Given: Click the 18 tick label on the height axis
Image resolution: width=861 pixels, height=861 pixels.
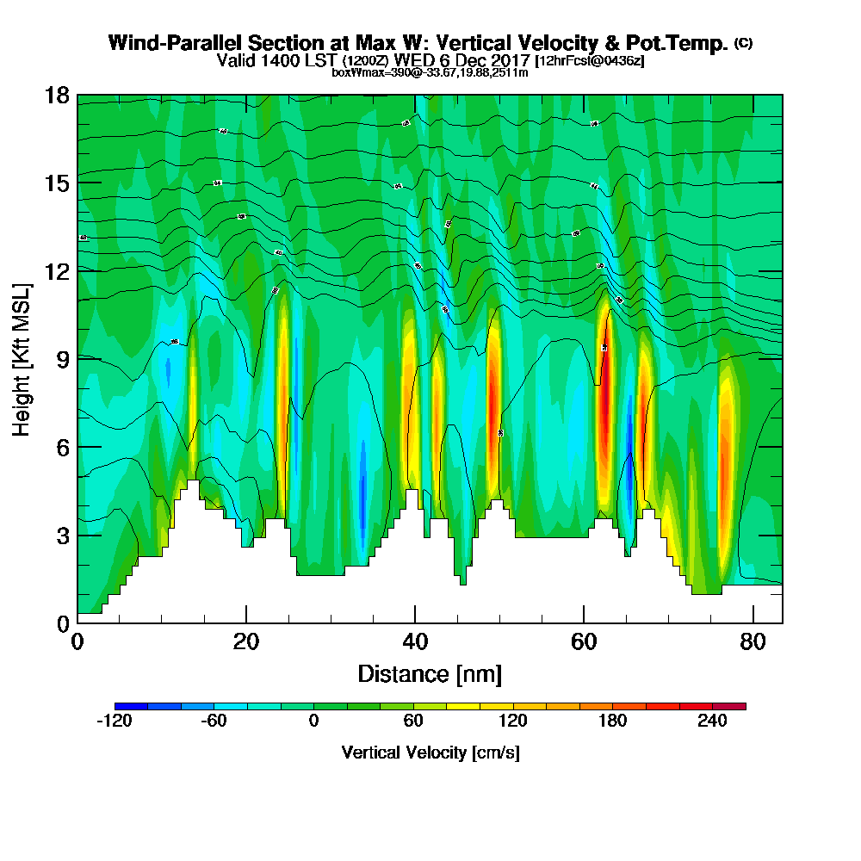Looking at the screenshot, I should point(58,95).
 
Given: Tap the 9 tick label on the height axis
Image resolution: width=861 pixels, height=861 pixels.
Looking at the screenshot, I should point(63,358).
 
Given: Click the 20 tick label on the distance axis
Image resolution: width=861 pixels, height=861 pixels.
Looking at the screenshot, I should point(246,641).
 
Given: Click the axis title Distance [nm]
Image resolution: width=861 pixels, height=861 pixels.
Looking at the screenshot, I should point(430,673).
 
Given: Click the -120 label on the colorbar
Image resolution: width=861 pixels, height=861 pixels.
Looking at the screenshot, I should point(115,722).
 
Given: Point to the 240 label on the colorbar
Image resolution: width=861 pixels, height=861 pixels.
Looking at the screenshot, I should point(713,722).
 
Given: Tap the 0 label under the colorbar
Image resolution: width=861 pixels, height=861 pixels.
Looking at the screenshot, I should point(314,722).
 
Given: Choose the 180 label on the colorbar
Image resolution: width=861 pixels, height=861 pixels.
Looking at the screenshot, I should point(613,722).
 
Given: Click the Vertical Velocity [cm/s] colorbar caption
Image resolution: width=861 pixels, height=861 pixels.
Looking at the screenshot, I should point(430,753).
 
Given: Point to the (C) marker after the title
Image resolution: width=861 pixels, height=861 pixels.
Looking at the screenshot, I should point(743,43).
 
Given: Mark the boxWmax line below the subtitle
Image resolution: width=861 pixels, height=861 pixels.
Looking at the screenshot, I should point(430,72).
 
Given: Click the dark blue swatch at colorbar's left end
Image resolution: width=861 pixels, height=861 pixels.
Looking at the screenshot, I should point(131,706).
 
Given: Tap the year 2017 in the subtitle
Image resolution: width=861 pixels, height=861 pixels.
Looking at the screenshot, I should point(509,60).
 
